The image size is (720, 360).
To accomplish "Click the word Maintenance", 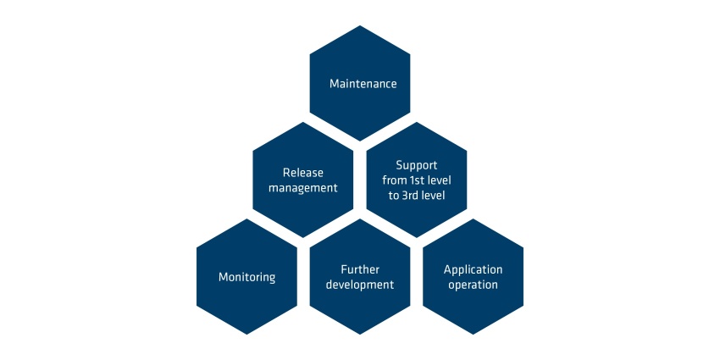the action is tap(363, 84).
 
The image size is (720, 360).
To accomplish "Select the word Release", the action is tap(303, 173).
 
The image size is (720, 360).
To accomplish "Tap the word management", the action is tap(303, 188).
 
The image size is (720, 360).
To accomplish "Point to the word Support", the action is tap(417, 165).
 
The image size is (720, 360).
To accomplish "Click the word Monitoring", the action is tap(247, 277).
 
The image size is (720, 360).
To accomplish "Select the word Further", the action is tap(360, 269).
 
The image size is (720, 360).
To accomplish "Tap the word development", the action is tap(360, 285).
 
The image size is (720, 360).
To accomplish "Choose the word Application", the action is tap(473, 269).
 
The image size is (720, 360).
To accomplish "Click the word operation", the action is tap(473, 285).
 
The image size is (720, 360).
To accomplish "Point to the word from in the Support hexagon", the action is tap(395, 180).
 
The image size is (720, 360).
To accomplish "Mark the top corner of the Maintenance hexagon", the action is tap(360, 25).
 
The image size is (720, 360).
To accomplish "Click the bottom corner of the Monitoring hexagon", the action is tap(247, 335).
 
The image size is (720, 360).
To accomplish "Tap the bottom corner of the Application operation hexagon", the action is tap(473, 335).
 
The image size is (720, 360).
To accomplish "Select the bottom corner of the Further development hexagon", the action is tap(360, 335).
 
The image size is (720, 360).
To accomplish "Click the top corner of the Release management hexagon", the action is tap(303, 122).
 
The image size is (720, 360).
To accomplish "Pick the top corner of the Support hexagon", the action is tap(417, 122).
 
